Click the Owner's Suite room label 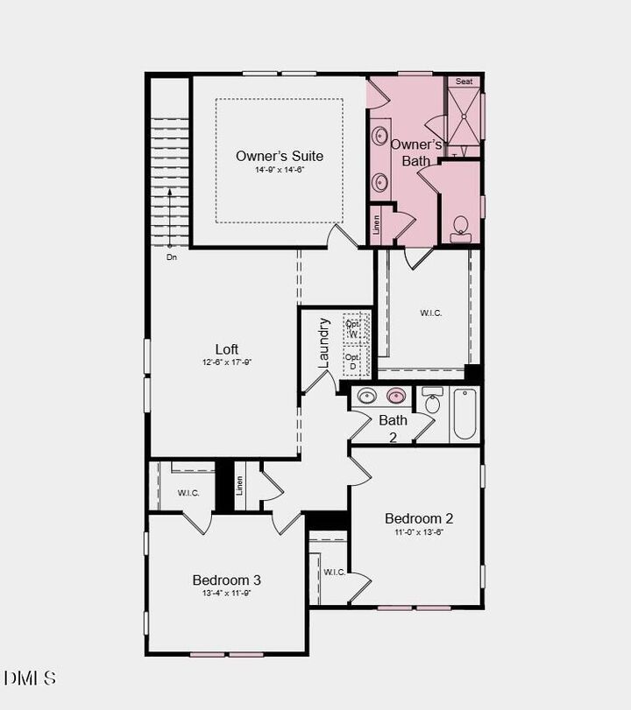(279, 156)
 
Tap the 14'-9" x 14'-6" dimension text (279, 170)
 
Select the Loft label (227, 349)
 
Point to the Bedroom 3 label (226, 580)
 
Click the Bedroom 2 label (419, 518)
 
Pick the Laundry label (323, 341)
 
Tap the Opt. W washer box (352, 328)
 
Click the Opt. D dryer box (352, 362)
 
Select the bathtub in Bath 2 (464, 415)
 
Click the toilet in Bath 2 (431, 402)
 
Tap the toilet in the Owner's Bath (462, 230)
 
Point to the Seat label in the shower (464, 81)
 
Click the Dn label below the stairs (172, 258)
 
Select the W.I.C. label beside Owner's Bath (430, 313)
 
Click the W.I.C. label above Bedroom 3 (188, 493)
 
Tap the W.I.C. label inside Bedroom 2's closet (334, 572)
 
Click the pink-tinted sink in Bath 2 (396, 397)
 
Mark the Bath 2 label (393, 427)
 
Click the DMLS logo (31, 678)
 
